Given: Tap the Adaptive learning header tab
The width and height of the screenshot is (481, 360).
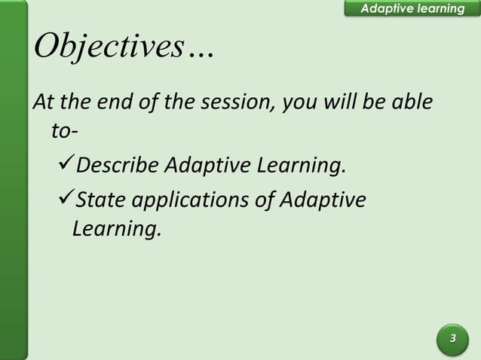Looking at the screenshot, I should [x=412, y=8].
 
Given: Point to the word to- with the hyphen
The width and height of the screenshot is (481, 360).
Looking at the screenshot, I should [x=63, y=132].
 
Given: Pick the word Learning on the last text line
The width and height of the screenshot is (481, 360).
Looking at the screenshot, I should [x=116, y=229].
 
